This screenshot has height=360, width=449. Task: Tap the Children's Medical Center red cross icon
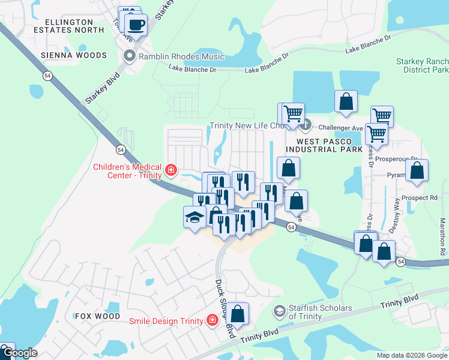171,171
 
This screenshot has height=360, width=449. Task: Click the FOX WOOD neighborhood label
98,316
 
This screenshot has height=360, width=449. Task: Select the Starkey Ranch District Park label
422,66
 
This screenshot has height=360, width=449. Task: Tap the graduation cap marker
195,217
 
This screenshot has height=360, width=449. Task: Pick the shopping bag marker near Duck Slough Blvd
238,313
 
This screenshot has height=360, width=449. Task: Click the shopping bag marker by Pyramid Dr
417,170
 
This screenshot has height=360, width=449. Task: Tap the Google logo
19,353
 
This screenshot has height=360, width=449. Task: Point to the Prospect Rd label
420,197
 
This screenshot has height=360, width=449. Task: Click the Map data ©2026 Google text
411,355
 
